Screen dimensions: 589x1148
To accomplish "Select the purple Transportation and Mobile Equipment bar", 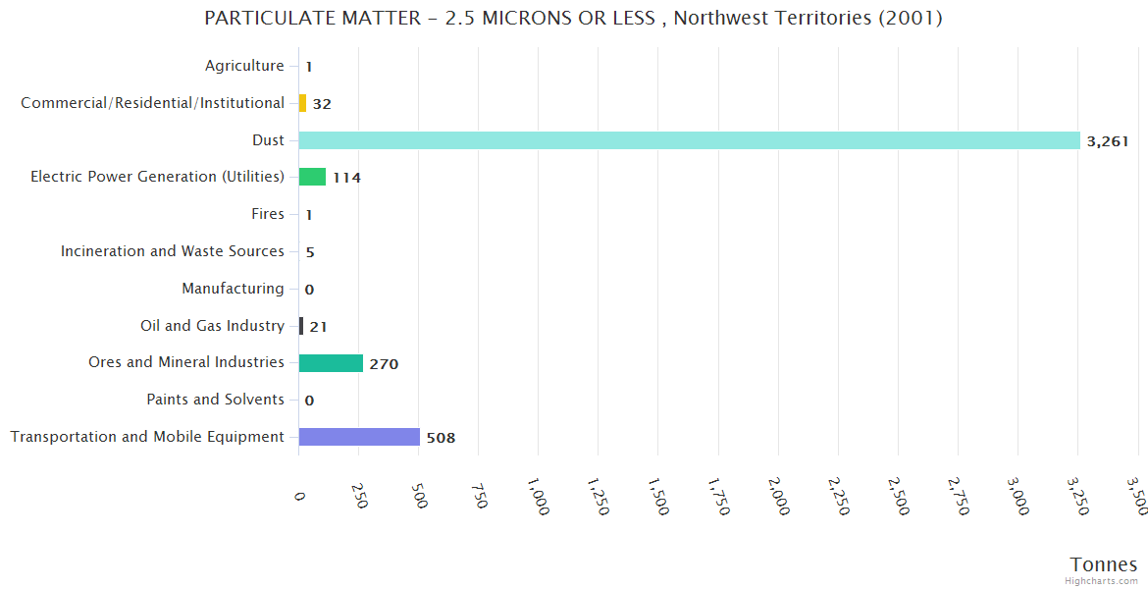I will point(359,437).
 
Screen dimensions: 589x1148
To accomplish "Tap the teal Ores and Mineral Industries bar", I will point(331,363).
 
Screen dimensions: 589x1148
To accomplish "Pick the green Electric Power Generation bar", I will point(312,177).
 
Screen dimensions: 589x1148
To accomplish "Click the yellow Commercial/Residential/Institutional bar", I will point(302,103).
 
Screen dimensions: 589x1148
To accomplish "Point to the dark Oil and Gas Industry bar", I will point(301,326).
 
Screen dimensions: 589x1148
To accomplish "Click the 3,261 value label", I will point(1108,141).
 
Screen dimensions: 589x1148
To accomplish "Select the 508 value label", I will point(441,438).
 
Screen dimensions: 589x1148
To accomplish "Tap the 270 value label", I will point(384,364).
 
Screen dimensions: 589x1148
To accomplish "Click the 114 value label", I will point(346,178).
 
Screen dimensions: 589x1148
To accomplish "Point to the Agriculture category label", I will point(244,66).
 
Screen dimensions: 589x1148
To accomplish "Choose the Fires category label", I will point(268,214).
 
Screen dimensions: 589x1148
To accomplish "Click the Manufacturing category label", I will point(233,289).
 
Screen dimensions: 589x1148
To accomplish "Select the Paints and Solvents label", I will point(215,400).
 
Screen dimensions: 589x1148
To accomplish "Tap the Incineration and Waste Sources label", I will point(173,251).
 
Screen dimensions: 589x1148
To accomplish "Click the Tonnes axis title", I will point(1103,564).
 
